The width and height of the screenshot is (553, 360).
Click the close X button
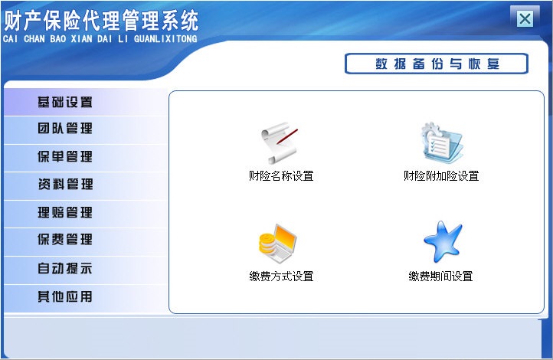[525, 19]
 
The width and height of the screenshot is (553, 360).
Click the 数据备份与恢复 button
[437, 64]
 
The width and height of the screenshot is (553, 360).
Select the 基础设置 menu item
[66, 102]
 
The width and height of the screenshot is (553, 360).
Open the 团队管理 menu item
[66, 129]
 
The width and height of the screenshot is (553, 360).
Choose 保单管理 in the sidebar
[66, 157]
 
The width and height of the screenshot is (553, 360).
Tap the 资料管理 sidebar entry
[66, 185]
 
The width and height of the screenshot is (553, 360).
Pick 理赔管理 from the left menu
[66, 213]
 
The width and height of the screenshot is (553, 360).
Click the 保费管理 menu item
[66, 241]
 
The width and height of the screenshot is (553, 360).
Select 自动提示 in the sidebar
[66, 269]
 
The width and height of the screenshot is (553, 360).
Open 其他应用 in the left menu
[66, 296]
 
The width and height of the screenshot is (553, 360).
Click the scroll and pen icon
[277, 142]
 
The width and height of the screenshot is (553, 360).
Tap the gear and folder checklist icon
[441, 143]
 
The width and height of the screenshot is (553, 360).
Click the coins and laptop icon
[276, 244]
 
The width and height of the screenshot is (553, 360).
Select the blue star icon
[442, 243]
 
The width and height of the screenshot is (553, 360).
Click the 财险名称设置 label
[281, 176]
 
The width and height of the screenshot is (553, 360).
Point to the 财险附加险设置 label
[441, 176]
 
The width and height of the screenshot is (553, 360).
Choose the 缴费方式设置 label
[281, 277]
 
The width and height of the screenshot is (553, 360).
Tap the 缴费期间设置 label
[441, 277]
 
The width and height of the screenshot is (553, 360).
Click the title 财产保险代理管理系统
[101, 19]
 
